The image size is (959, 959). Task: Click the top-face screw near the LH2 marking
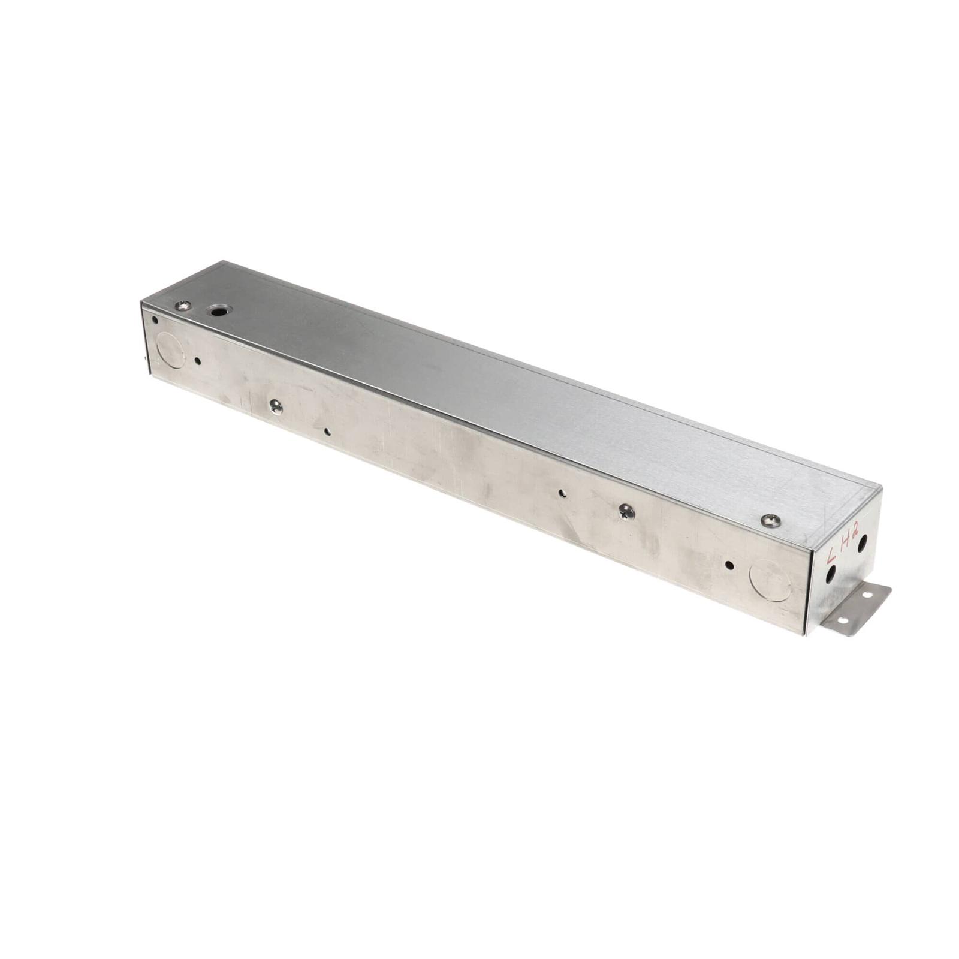tap(771, 520)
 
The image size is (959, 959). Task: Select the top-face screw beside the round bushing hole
tap(183, 306)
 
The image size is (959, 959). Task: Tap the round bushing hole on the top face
tap(218, 310)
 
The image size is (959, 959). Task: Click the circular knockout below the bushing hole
tap(170, 350)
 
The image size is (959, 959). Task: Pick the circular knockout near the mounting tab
tap(771, 580)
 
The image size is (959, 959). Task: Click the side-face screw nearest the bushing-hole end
tap(276, 407)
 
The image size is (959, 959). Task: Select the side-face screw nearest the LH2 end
tap(627, 511)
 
